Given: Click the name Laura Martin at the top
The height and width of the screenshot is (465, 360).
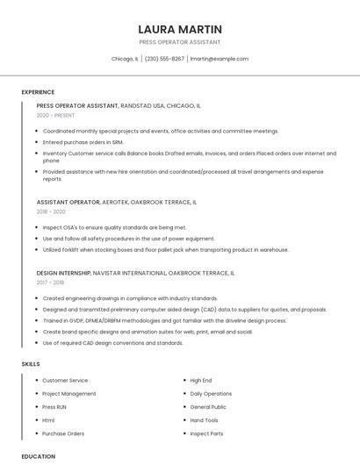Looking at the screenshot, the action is coord(180,29).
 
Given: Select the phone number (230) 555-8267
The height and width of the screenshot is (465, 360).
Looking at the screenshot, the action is coord(164,59).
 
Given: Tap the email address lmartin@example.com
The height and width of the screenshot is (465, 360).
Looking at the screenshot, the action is coord(220,59).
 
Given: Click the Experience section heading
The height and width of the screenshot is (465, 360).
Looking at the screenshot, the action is coord(38,92).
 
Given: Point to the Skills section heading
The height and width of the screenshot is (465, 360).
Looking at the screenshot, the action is coord(31,363).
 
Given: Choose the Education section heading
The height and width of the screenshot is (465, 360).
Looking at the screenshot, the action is coord(39,456).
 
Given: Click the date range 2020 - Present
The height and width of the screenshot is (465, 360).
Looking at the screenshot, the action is coord(56,115).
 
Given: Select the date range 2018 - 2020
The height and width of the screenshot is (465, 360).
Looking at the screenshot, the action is coord(51,211).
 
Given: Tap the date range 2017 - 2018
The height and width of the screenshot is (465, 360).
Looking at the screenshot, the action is coord(51,283).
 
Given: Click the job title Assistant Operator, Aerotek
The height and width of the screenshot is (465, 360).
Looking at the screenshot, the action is coord(116,202).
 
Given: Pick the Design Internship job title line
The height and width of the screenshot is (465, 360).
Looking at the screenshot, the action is coord(135,273).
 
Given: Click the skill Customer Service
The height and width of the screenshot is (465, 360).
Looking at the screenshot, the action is coord(65,381).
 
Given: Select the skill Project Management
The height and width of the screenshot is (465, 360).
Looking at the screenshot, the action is coord(69,394).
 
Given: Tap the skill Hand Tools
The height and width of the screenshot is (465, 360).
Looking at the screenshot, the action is coord(205,420).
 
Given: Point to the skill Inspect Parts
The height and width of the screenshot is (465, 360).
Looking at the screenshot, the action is coord(206,433).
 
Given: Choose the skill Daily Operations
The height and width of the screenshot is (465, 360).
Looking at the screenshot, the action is coord(211,394).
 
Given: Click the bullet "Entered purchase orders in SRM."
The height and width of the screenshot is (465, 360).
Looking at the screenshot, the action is coord(83,141).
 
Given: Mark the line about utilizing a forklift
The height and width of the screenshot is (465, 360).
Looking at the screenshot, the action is coord(165,249).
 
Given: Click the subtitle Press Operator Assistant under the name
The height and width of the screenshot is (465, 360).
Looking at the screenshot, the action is coord(180,42).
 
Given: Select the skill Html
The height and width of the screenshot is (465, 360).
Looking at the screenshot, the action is coord(48,420).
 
